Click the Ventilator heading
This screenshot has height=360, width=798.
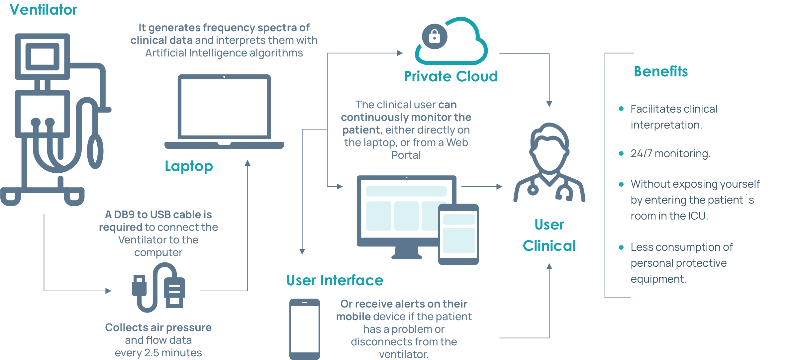44,10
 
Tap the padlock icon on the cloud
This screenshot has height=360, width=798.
434,36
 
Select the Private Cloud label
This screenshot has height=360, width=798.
451,76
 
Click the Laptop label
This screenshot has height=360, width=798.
189,166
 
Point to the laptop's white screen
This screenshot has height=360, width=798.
224,107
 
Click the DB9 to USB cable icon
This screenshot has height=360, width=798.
158,288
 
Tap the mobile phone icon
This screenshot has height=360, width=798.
305,329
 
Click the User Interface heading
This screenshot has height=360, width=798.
335,280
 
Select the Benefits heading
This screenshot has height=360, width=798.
660,71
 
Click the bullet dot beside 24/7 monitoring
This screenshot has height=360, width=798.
621,153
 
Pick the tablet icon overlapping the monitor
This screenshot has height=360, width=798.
458,234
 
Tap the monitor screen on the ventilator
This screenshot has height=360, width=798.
42,57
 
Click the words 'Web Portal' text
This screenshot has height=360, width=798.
432,149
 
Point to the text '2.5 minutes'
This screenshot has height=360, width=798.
173,353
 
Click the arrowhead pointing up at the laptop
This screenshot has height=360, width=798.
248,163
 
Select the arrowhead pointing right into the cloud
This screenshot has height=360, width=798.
400,53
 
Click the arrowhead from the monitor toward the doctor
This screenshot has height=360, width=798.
499,187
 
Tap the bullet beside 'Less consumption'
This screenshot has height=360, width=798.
621,247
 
